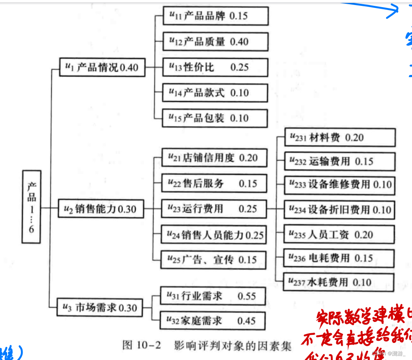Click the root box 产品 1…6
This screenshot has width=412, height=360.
tap(31, 207)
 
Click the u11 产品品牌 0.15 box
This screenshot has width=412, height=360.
tap(215, 16)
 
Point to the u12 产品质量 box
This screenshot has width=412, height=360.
tap(215, 42)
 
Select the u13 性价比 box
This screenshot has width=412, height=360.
tap(215, 67)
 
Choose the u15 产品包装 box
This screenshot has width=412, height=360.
tap(215, 118)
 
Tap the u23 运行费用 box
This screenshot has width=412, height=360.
tap(214, 208)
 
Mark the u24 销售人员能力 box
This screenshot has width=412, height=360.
tap(214, 234)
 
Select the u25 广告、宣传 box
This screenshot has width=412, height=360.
tap(214, 260)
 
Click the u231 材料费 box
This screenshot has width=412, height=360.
tap(339, 138)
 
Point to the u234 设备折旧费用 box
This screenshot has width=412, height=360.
tap(339, 210)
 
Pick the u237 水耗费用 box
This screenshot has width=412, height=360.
tap(339, 283)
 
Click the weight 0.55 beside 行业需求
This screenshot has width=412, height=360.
tap(247, 296)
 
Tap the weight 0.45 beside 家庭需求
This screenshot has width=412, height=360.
tap(247, 321)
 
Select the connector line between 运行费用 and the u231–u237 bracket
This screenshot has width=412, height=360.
tap(271, 208)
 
